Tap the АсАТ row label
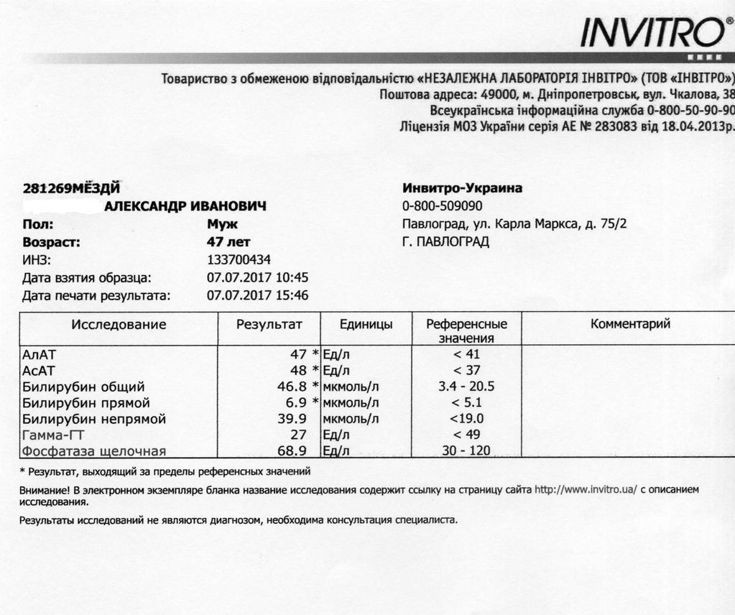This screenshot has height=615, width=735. [39, 371]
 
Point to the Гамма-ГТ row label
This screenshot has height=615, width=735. [54, 435]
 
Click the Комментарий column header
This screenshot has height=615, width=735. [630, 324]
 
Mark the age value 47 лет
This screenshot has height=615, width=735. [228, 242]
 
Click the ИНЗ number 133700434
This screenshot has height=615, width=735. [239, 260]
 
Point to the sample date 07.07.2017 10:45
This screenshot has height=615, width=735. [257, 277]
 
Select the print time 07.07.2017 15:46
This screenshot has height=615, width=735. [257, 295]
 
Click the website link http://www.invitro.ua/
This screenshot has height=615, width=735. [586, 489]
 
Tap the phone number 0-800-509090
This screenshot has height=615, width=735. [442, 206]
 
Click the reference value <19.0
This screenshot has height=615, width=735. [466, 419]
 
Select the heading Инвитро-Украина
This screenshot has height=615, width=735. [463, 188]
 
